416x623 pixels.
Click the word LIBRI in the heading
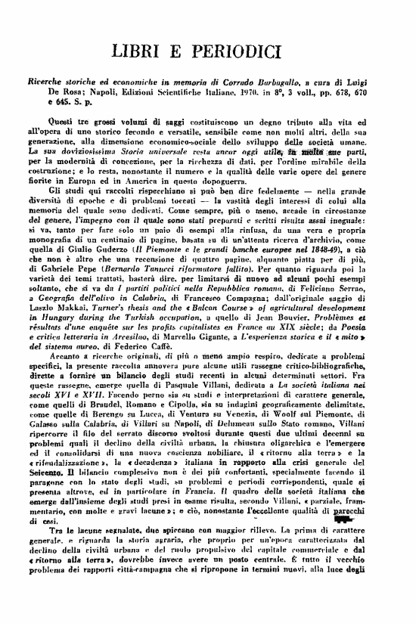138,51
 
